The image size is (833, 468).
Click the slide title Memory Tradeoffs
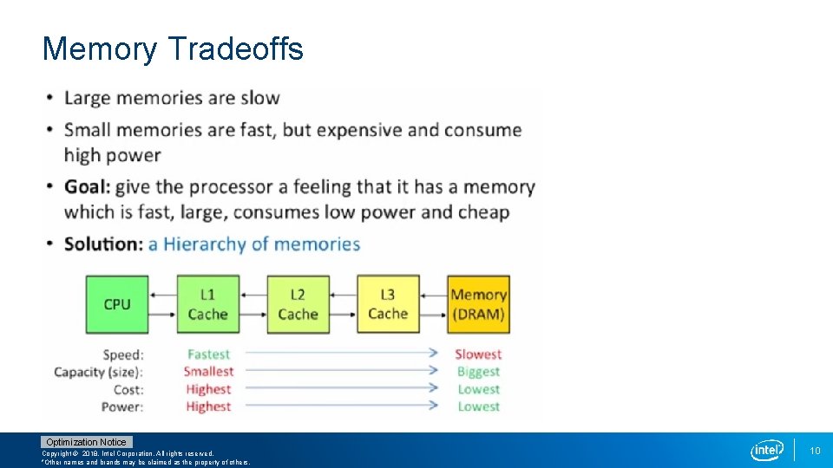(173, 49)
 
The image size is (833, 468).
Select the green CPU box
(117, 304)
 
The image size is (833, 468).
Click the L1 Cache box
(207, 304)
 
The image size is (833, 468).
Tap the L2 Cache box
(298, 304)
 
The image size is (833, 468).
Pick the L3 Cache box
(388, 304)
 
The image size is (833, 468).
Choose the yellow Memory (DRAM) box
(478, 304)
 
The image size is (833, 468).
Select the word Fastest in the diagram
(208, 354)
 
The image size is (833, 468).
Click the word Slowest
(478, 354)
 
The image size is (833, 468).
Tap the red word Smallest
(208, 372)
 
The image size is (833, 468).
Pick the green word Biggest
(478, 372)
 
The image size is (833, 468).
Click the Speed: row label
(123, 354)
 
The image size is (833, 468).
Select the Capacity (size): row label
(98, 372)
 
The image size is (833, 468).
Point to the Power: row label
(122, 406)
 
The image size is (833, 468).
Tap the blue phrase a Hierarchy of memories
(254, 244)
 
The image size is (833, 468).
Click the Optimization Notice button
(86, 442)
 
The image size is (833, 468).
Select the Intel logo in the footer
(767, 450)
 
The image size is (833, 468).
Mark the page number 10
(815, 451)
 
